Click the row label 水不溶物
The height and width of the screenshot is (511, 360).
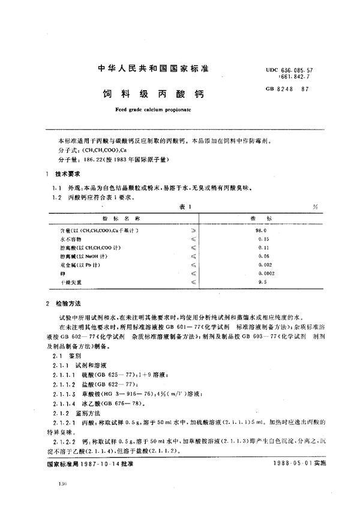pyautogui.click(x=63, y=238)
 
